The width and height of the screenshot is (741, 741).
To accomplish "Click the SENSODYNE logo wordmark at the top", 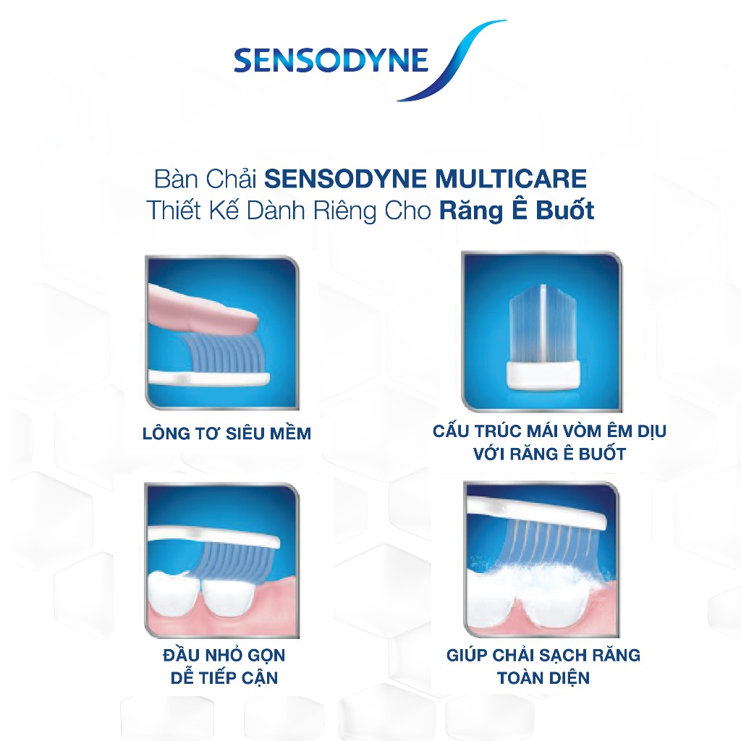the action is click(331, 60).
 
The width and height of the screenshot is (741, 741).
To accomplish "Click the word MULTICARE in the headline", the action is click(510, 179).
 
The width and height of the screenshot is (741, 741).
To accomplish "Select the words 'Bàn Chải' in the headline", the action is click(206, 179).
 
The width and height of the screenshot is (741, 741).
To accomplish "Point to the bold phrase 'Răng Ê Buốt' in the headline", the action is click(517, 210).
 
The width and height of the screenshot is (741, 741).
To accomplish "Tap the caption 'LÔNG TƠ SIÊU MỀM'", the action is click(226, 433).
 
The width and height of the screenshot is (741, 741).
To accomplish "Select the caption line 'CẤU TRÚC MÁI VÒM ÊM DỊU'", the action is click(549, 431).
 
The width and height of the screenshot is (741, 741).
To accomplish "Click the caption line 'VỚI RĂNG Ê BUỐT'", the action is click(550, 454).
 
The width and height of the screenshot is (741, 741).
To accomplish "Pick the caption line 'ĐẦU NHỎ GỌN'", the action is click(224, 656).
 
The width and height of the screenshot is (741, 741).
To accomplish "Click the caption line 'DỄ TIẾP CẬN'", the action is click(224, 677).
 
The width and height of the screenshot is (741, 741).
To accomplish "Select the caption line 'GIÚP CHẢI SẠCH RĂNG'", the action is click(543, 656).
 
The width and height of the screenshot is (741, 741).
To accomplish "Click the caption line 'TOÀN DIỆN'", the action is click(543, 678).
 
